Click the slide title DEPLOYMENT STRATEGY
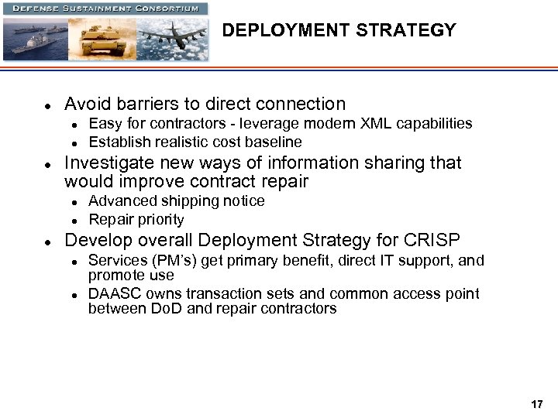339,31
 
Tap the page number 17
537,404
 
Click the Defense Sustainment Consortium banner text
105,9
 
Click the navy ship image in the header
35,39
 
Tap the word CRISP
432,240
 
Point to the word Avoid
88,104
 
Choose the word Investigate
109,163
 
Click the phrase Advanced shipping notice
177,201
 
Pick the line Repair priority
136,220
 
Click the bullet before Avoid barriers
47,105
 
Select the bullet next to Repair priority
73,221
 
